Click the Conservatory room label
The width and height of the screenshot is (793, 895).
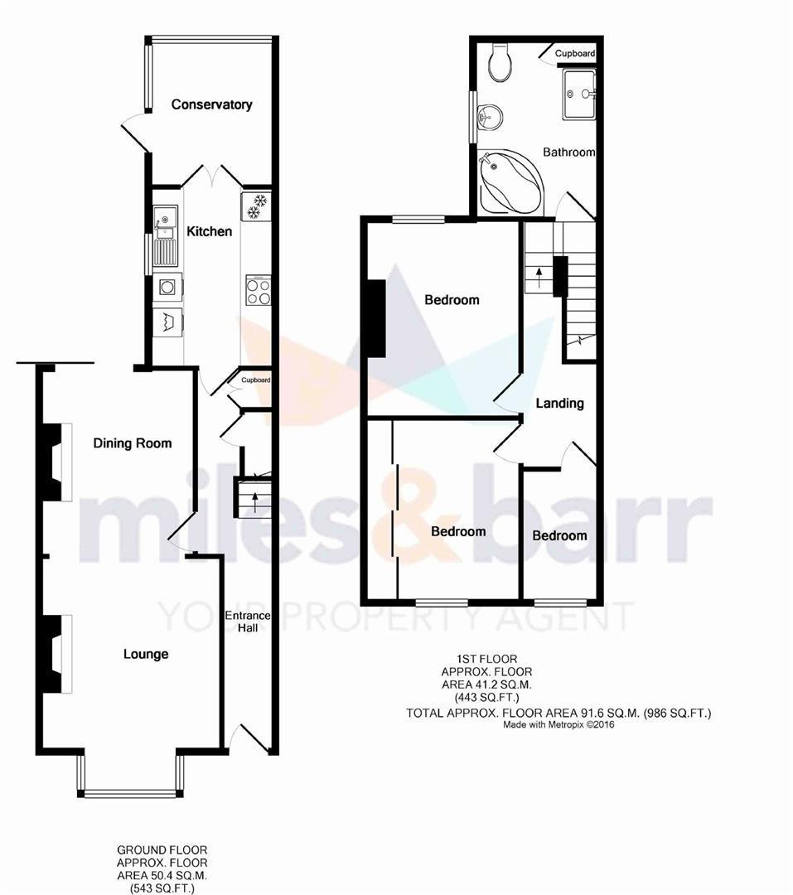(212, 104)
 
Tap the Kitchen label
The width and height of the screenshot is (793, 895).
(210, 231)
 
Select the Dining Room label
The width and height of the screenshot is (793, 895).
(133, 443)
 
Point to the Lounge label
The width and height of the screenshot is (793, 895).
(146, 654)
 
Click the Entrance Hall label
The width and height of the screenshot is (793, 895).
(248, 622)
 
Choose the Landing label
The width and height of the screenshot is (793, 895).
(559, 404)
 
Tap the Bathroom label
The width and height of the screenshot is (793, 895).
(568, 152)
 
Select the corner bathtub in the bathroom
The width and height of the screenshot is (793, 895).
(511, 182)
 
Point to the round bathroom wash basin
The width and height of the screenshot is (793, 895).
(489, 118)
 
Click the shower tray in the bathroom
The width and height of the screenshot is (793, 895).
(579, 94)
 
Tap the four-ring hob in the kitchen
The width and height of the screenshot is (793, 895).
(258, 291)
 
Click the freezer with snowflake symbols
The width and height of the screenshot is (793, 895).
(256, 206)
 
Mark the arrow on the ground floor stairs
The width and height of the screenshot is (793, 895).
(254, 501)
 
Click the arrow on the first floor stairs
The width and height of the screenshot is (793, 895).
(539, 279)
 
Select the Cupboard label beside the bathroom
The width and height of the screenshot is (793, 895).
(575, 53)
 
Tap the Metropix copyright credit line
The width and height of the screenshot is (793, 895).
(558, 725)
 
